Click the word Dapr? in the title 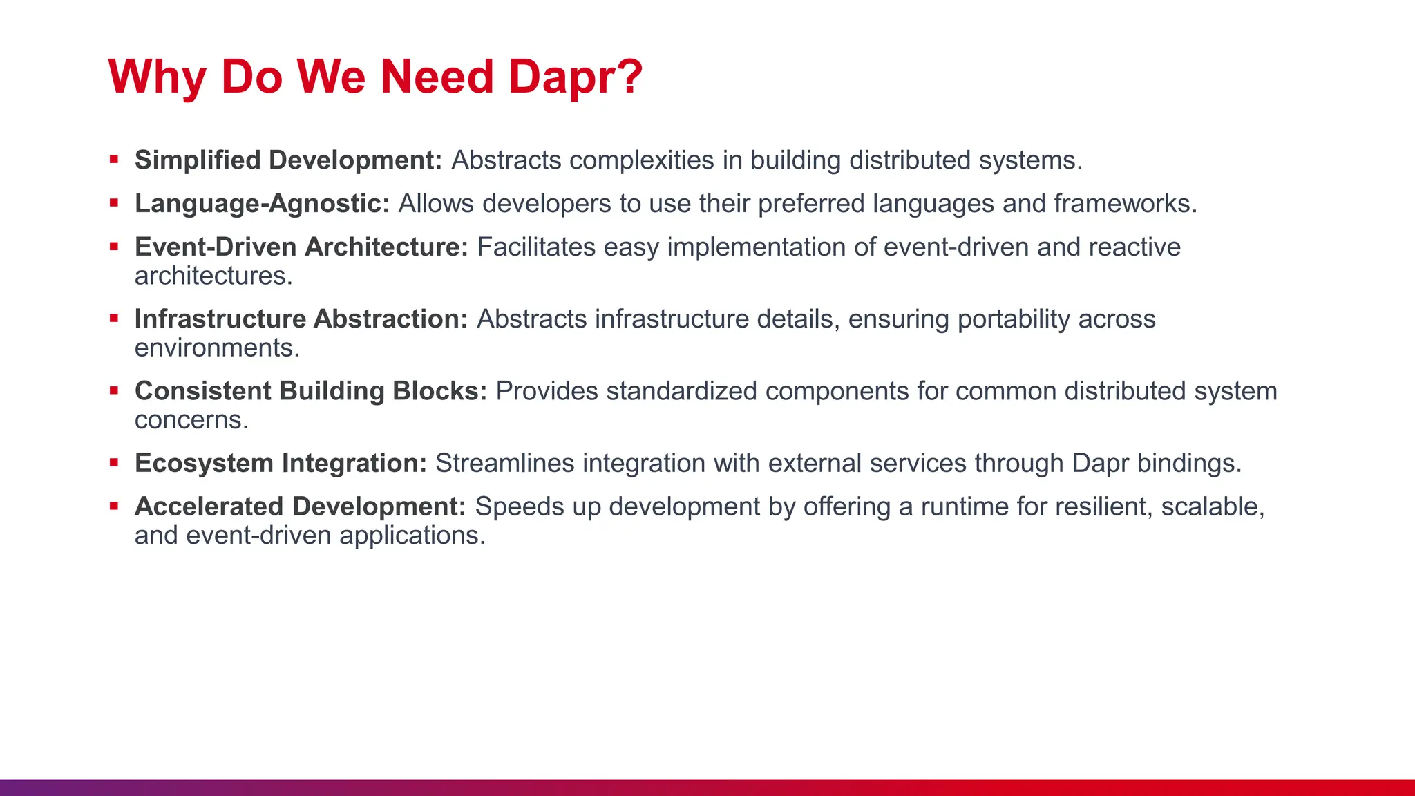pyautogui.click(x=576, y=76)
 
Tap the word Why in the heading pyautogui.click(x=158, y=76)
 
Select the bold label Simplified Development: pyautogui.click(x=288, y=160)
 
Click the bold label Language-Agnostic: pyautogui.click(x=262, y=204)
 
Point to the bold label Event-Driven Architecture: pyautogui.click(x=301, y=247)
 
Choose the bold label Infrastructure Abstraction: pyautogui.click(x=301, y=319)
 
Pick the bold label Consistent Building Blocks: pyautogui.click(x=311, y=391)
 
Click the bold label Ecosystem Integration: pyautogui.click(x=281, y=463)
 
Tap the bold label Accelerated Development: pyautogui.click(x=301, y=506)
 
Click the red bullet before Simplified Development pyautogui.click(x=114, y=160)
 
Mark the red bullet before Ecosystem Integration pyautogui.click(x=114, y=462)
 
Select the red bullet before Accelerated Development pyautogui.click(x=114, y=506)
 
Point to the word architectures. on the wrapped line pyautogui.click(x=213, y=276)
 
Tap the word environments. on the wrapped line pyautogui.click(x=217, y=348)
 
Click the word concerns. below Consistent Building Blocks pyautogui.click(x=191, y=420)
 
